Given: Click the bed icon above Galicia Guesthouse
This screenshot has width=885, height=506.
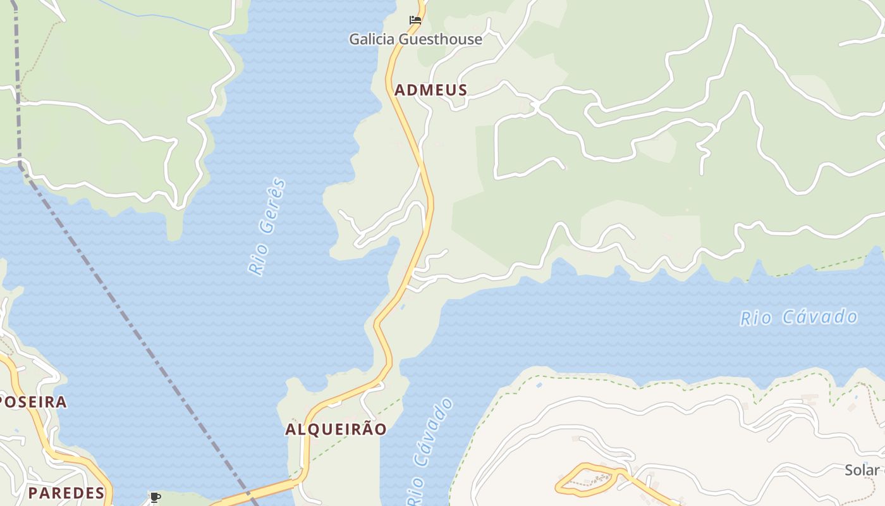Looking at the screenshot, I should point(415,20).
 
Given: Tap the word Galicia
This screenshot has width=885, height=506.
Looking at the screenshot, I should point(374,39).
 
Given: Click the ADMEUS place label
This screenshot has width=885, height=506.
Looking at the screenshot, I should point(430,90).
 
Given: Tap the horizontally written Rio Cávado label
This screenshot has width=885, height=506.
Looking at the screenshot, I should point(798,317).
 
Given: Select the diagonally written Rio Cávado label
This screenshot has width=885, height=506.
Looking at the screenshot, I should point(429,452).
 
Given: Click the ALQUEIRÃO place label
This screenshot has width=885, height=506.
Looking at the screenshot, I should point(336,429).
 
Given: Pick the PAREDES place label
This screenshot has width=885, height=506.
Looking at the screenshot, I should point(66,493).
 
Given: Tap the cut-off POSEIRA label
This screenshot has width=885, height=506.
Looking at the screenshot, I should point(33,402).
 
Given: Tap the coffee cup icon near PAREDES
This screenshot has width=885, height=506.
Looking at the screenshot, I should point(155,497).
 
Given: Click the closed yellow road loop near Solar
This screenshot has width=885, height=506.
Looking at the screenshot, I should point(585,479).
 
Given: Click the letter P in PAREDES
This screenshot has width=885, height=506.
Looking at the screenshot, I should point(33,493).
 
